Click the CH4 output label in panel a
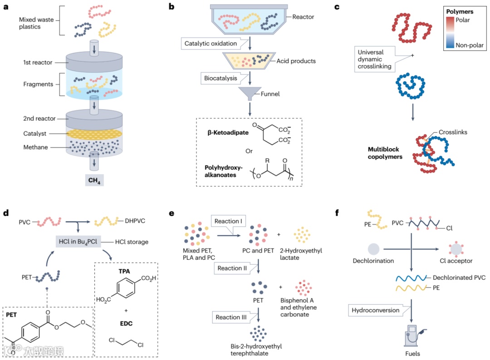tap(94, 180)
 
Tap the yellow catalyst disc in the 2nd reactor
tap(94, 134)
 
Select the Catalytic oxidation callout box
tap(211, 44)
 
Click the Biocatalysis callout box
tap(220, 78)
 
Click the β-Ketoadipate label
tap(228, 132)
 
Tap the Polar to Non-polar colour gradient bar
tap(450, 32)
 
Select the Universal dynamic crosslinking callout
tap(374, 59)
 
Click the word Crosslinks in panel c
tap(453, 132)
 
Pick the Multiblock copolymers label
tap(385, 153)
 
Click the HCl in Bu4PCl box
tap(78, 241)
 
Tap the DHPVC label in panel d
tap(135, 221)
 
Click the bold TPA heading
tap(124, 271)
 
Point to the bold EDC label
tap(126, 323)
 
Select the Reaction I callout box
tap(228, 221)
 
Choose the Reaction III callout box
tap(231, 317)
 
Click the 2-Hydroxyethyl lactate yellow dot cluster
tap(302, 235)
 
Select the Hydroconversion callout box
tap(375, 311)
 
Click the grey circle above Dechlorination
tap(373, 249)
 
